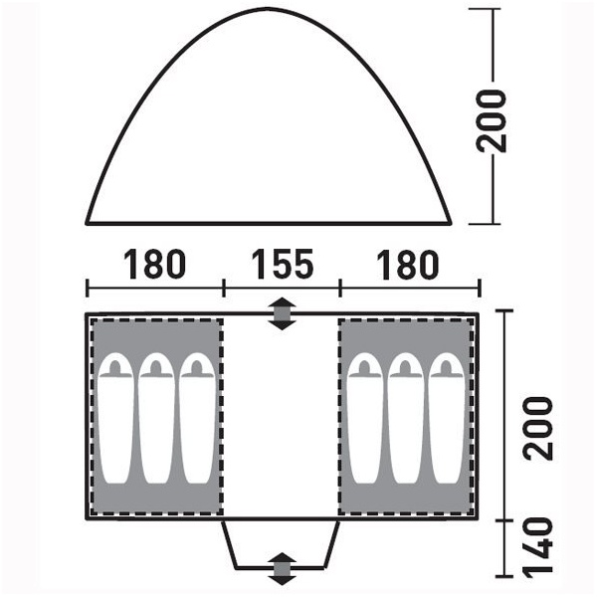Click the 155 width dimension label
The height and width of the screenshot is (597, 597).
[283, 264]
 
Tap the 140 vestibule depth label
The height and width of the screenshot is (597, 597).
[537, 546]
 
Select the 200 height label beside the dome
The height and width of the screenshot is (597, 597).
[492, 121]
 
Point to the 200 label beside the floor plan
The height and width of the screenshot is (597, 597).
[537, 428]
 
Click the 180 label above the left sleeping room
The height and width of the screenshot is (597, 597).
[154, 264]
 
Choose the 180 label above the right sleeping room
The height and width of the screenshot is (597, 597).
[407, 264]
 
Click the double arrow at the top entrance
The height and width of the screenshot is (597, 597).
[282, 313]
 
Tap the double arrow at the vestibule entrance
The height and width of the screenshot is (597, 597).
[282, 568]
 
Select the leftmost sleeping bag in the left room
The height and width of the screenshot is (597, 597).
[115, 418]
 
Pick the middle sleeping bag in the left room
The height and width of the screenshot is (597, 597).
[156, 418]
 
